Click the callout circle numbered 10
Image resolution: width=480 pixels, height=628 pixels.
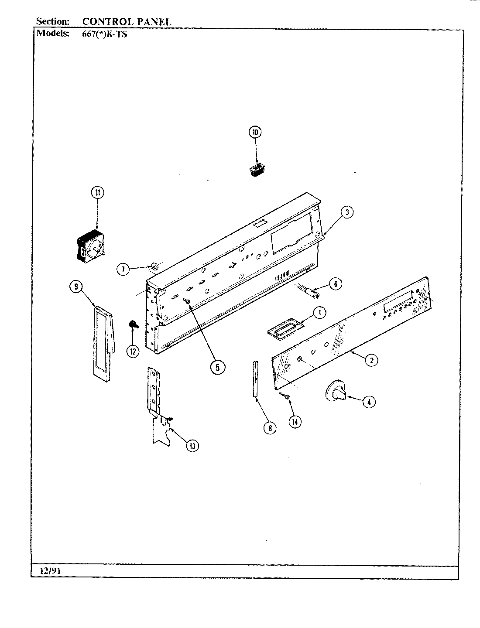[255, 132]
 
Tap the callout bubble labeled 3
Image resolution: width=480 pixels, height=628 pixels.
[346, 212]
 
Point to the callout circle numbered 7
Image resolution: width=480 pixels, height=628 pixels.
[123, 270]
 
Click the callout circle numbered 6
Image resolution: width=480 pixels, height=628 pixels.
[335, 283]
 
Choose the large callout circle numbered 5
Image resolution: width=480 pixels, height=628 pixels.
[217, 367]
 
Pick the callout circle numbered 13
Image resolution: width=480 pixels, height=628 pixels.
[192, 445]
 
